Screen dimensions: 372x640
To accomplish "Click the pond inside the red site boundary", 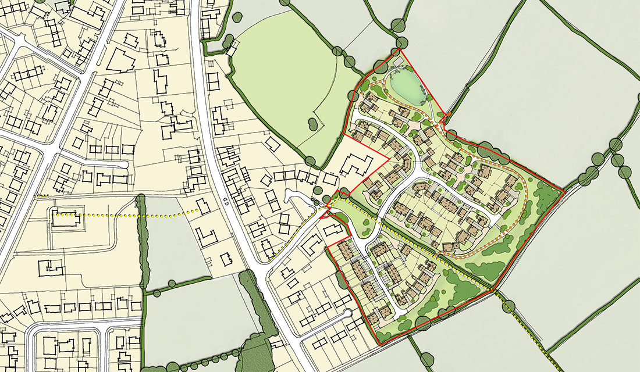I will tap(405, 85).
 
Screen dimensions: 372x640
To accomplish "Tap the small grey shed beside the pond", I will tap(398, 60).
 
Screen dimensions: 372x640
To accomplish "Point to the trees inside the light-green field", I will tap(312, 123).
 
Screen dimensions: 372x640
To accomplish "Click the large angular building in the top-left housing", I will tap(119, 60).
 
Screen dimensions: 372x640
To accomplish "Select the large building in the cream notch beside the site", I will tap(355, 167).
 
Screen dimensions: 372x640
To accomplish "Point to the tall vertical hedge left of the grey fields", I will tap(141, 244).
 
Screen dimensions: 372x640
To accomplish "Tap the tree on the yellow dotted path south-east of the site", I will tap(509, 306).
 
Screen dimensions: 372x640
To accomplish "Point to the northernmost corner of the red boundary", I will tap(401, 51).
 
